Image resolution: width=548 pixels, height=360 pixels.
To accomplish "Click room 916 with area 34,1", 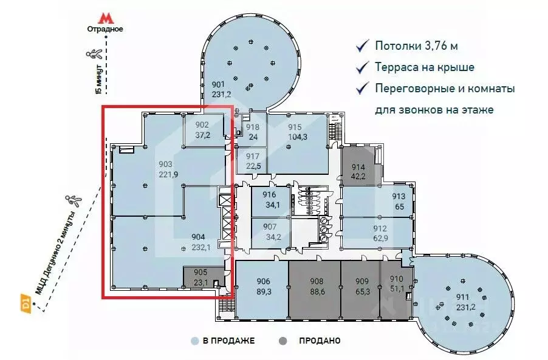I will tap(270, 200).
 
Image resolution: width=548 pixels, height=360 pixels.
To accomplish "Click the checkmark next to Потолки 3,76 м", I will tap(363, 46).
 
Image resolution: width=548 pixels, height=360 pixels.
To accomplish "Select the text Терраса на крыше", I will tap(424, 67).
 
